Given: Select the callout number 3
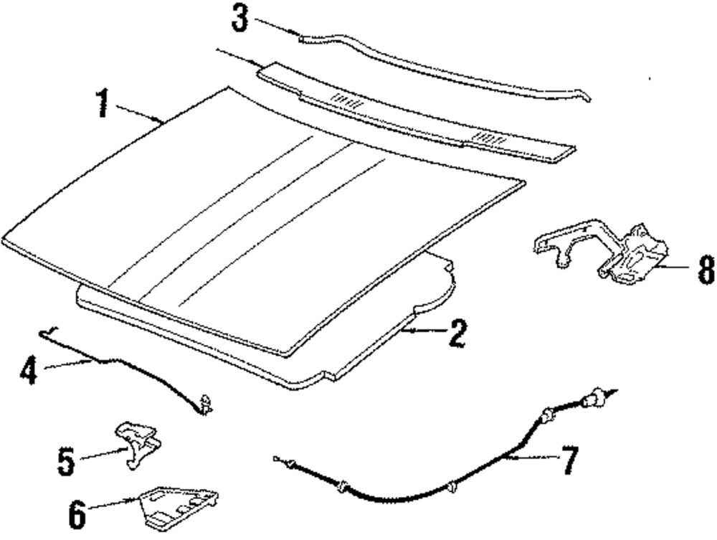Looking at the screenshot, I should [240, 18].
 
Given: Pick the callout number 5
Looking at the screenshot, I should [66, 462].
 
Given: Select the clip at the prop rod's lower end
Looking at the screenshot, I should [208, 406].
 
